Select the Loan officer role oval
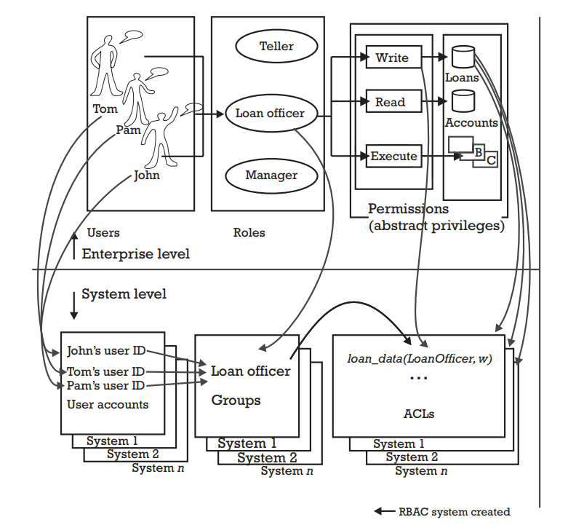270,114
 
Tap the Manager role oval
271,175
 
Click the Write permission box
392,58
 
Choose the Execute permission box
393,156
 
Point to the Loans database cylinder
463,57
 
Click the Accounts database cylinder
463,100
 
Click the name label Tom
105,109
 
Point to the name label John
146,175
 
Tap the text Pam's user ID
105,385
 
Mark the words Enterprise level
135,253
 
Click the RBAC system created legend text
454,512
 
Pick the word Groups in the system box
236,400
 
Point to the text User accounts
108,404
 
